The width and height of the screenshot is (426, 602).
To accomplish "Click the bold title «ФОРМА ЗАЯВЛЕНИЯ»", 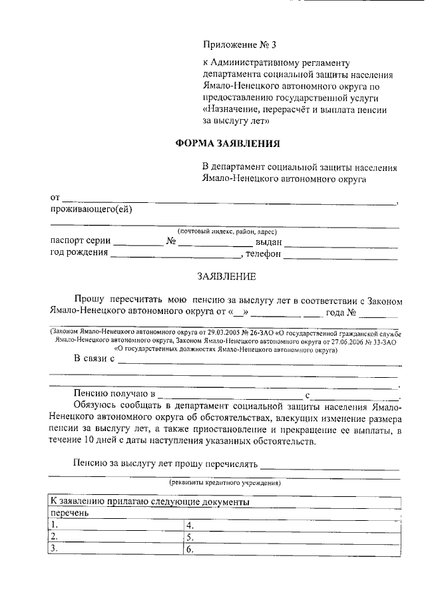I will click(227, 143).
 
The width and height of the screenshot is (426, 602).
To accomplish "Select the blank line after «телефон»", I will click(341, 255).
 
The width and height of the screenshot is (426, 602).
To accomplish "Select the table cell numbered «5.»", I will click(292, 537).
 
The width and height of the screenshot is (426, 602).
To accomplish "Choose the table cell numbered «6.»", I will click(292, 549).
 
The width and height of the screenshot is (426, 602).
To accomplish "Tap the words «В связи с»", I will click(95, 360).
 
